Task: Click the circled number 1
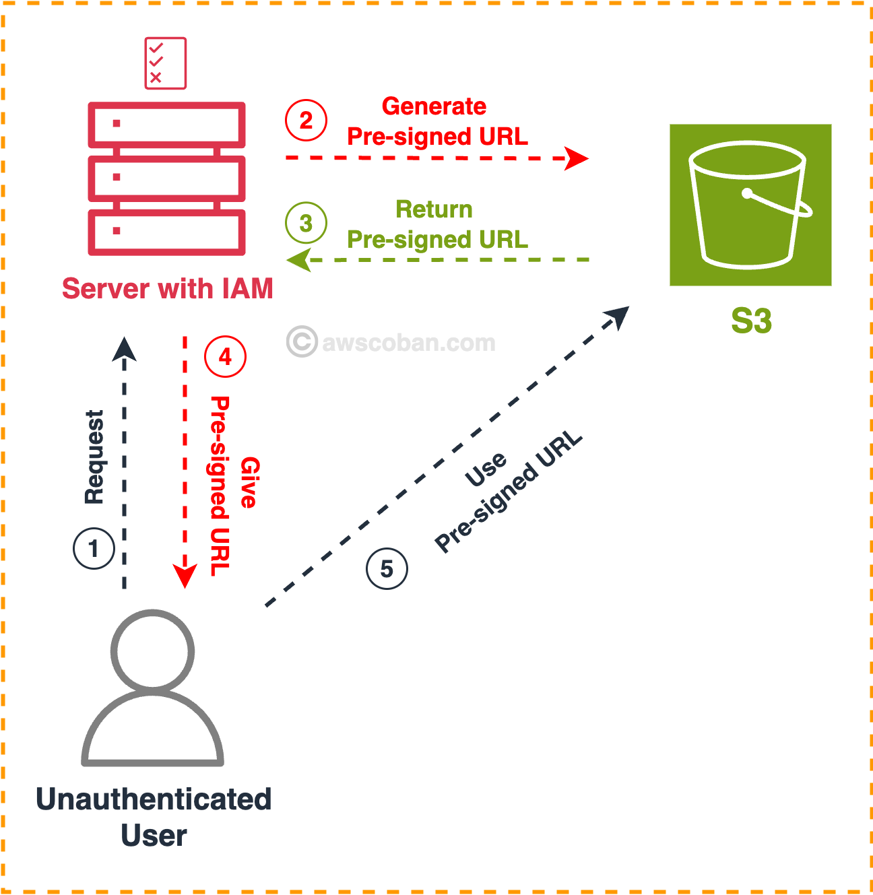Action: point(94,548)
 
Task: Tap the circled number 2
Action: point(306,121)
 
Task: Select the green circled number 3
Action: point(306,223)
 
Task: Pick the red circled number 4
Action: point(225,356)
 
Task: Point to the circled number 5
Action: point(387,569)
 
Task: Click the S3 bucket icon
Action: point(750,205)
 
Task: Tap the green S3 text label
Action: point(751,321)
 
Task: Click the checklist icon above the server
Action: point(165,63)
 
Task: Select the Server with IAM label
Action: point(168,289)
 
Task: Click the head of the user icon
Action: point(153,651)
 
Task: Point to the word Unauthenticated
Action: point(154,799)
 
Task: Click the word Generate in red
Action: point(434,106)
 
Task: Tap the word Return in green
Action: point(434,209)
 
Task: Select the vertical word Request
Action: point(94,457)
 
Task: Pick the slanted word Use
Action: point(486,469)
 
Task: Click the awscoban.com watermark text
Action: point(408,343)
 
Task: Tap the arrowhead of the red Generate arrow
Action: point(578,158)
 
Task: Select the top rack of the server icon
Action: point(166,125)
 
